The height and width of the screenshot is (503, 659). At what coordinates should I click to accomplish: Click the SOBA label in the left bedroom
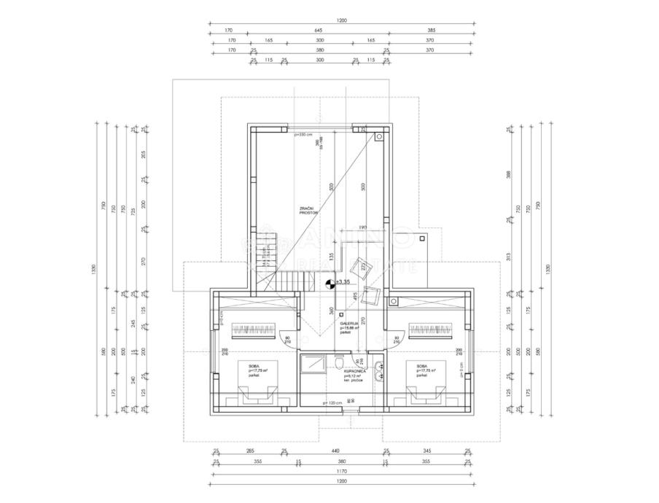tap(254, 366)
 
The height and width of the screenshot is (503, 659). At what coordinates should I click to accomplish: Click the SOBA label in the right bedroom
tap(422, 366)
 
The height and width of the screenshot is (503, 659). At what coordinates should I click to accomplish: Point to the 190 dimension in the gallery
tap(362, 228)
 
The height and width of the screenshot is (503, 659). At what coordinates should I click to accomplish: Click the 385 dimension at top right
tap(430, 31)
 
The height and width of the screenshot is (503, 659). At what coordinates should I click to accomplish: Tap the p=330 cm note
tap(303, 134)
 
